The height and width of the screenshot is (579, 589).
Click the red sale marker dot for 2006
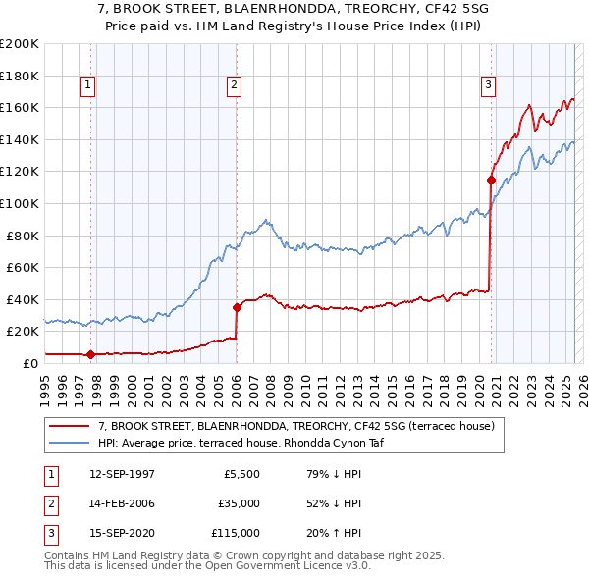tap(237, 307)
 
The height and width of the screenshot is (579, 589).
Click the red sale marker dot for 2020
tap(490, 180)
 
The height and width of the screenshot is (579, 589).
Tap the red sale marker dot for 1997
tap(90, 354)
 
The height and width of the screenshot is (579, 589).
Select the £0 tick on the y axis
tap(29, 363)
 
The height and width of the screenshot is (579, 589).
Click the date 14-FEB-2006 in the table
tap(121, 503)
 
